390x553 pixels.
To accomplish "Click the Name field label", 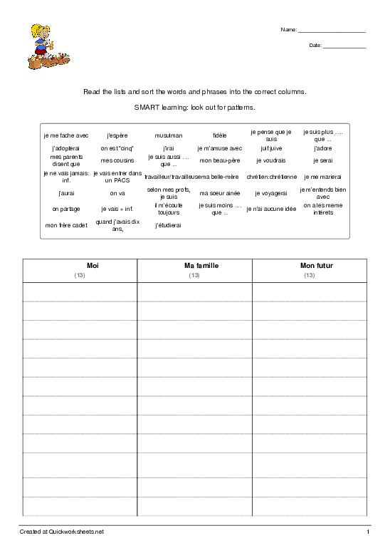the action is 289,30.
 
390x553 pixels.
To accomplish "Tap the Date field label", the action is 315,46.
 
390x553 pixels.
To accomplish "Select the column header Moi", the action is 80,266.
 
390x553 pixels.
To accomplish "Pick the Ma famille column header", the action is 194,266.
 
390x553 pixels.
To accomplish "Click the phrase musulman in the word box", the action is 169,135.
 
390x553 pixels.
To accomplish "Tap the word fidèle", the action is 219,135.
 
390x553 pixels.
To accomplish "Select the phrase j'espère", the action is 117,135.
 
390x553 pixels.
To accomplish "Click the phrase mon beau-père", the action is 219,161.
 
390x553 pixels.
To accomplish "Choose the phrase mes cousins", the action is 117,161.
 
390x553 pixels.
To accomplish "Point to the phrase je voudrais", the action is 270,161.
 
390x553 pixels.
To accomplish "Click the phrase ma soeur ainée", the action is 219,193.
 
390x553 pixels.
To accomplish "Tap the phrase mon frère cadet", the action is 66,225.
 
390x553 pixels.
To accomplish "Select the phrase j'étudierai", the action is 169,225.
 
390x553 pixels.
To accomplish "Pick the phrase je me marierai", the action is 322,177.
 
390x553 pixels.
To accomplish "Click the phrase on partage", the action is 66,210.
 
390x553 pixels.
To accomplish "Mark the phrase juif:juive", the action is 270,148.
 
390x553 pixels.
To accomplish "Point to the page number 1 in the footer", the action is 368,532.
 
